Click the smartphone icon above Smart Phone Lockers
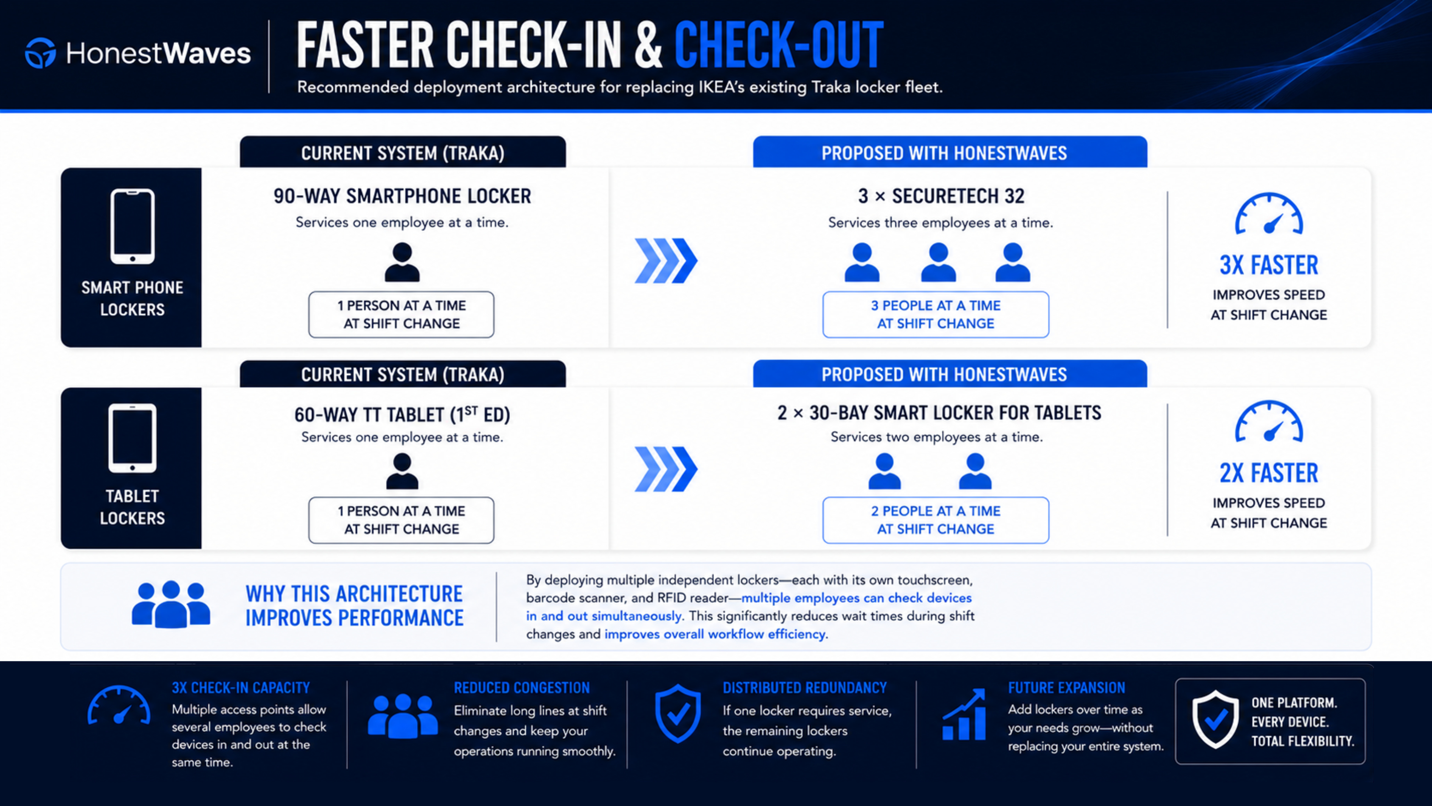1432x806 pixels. point(132,226)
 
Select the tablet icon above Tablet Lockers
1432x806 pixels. point(132,438)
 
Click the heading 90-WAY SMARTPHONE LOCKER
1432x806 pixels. point(402,196)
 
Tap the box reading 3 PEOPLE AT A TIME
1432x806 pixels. point(936,315)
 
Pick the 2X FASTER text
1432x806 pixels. point(1269,473)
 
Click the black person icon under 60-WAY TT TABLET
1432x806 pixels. point(402,471)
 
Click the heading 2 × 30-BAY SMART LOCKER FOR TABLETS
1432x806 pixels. point(939,413)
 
